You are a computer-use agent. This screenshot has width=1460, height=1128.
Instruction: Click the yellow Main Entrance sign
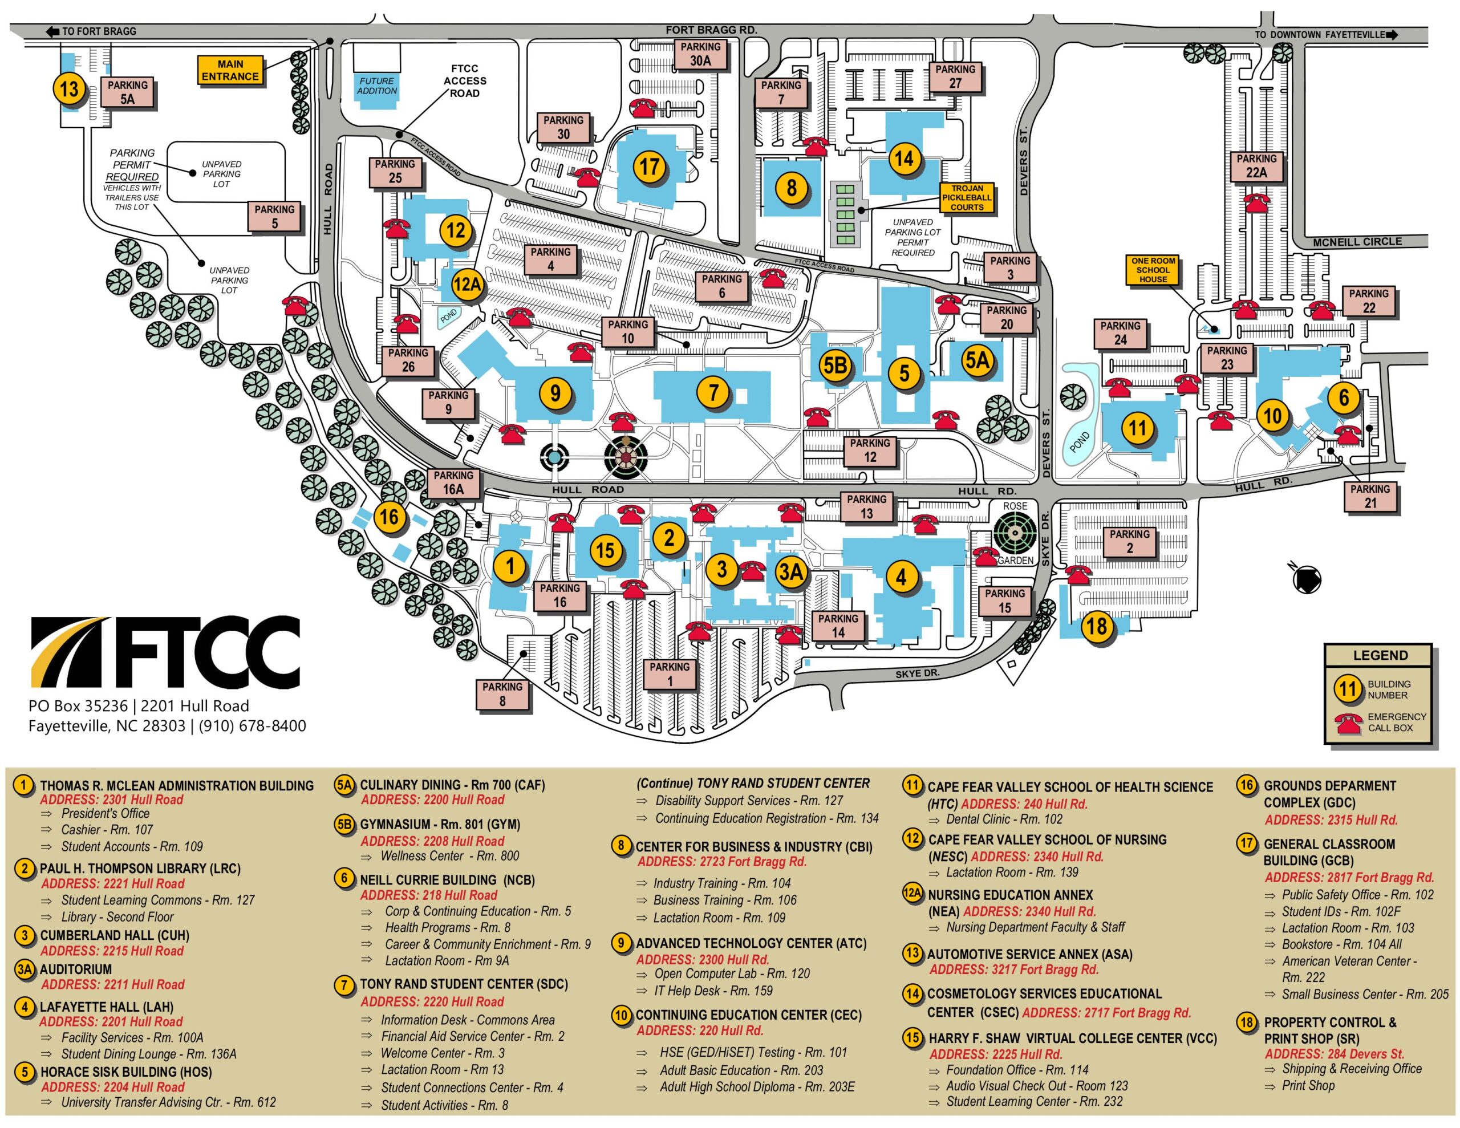click(230, 70)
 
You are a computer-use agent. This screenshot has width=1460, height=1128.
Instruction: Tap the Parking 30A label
click(700, 54)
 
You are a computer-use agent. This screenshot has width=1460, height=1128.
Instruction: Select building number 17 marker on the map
click(650, 166)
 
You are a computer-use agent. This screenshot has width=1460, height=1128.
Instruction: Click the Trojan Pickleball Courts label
click(967, 198)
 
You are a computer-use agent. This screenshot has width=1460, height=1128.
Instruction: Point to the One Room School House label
click(1153, 270)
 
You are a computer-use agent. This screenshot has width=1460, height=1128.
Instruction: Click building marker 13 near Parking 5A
click(70, 89)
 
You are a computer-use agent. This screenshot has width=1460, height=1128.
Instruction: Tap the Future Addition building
click(377, 86)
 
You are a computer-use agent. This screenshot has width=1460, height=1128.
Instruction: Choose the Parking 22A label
click(1256, 166)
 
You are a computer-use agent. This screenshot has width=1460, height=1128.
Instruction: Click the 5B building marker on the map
click(835, 365)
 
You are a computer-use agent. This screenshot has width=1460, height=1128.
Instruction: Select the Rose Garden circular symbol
click(1015, 533)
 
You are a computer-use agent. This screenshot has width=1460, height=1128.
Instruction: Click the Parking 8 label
click(502, 694)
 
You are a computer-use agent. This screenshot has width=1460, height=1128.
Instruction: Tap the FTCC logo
click(165, 652)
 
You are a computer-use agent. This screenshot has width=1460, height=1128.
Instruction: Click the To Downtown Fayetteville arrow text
click(1324, 35)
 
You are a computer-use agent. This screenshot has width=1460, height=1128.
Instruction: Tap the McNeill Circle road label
click(1357, 242)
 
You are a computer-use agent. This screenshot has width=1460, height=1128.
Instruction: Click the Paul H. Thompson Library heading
click(140, 869)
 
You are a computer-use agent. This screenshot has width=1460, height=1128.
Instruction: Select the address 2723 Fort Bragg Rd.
click(722, 862)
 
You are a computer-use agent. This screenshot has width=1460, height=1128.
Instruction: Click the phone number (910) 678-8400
click(252, 726)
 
